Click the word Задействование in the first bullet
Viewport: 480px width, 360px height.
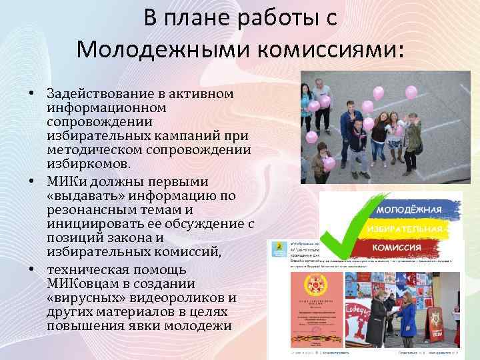point(99,93)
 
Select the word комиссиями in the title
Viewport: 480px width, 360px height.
point(319,48)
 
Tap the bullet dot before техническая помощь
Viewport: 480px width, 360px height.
point(32,270)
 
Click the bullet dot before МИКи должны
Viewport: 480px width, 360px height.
point(32,182)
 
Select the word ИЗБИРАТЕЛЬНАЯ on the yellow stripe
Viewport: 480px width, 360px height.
point(404,229)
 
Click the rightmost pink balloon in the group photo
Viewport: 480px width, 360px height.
point(411,91)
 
